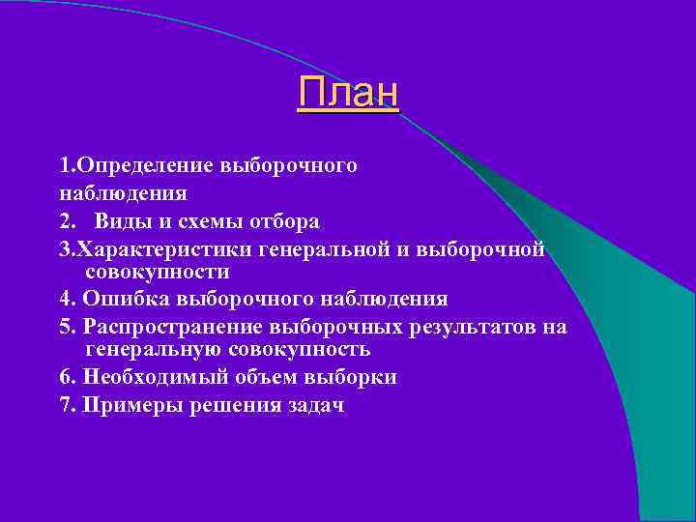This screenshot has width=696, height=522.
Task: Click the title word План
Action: [348, 94]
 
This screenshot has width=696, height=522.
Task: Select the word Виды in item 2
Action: [120, 222]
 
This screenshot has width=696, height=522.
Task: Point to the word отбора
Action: [280, 222]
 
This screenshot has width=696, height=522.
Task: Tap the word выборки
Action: [352, 377]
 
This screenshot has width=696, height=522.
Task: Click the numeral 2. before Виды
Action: [67, 222]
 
